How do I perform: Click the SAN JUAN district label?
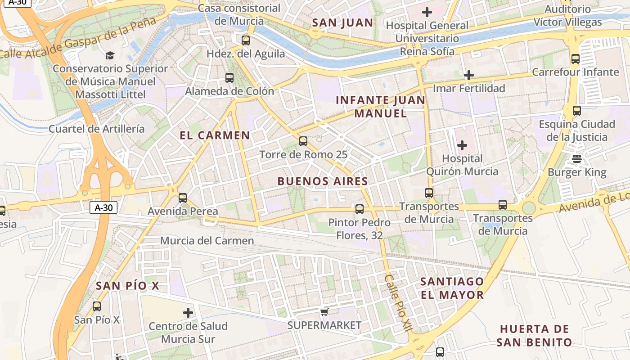tap(342, 23)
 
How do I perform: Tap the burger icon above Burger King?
tap(577, 159)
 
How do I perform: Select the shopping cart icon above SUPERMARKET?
tap(324, 312)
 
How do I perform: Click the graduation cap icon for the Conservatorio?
tap(110, 55)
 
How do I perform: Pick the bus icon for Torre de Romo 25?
tap(303, 141)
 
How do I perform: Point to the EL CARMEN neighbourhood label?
tap(215, 135)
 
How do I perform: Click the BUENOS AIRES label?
tap(323, 181)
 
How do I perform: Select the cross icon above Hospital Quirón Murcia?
tap(462, 145)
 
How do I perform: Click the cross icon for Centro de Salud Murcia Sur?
tap(188, 313)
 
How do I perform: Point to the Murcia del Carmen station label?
tap(207, 241)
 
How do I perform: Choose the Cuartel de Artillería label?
tap(97, 129)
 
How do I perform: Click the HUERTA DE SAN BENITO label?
tap(534, 336)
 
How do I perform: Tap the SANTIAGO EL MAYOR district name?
tap(452, 288)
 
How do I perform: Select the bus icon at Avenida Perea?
tap(183, 198)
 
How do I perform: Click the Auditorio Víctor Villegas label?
tap(567, 15)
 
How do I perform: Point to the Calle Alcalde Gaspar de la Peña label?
tap(79, 38)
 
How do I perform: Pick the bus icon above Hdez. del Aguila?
tap(246, 40)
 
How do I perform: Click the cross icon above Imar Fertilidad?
tap(469, 75)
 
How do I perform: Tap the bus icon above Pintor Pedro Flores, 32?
tap(360, 209)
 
